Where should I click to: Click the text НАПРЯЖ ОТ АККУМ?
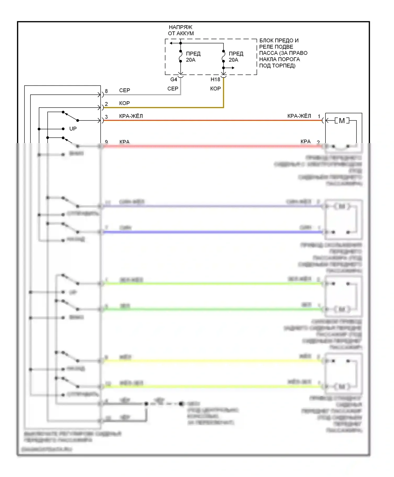tap(181, 30)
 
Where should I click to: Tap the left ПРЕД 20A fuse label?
tap(193, 57)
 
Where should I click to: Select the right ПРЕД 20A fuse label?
tap(236, 57)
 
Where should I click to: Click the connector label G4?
tap(174, 79)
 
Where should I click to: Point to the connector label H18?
tap(215, 79)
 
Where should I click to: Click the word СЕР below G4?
tap(173, 89)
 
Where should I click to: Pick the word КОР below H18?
tap(215, 89)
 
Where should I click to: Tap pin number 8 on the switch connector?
tap(106, 91)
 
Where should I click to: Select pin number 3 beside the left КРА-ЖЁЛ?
tap(106, 117)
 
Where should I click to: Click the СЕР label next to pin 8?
tap(125, 90)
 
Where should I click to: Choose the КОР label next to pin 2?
tap(125, 103)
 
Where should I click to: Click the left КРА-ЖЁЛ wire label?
tap(131, 116)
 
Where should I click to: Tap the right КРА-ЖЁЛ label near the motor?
tap(299, 116)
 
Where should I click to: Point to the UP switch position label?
tap(73, 129)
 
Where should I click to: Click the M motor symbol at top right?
tap(342, 121)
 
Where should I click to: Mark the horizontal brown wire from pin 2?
tap(163, 108)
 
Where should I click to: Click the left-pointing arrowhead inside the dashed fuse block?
tap(171, 43)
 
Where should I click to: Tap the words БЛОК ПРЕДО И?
tap(279, 40)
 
